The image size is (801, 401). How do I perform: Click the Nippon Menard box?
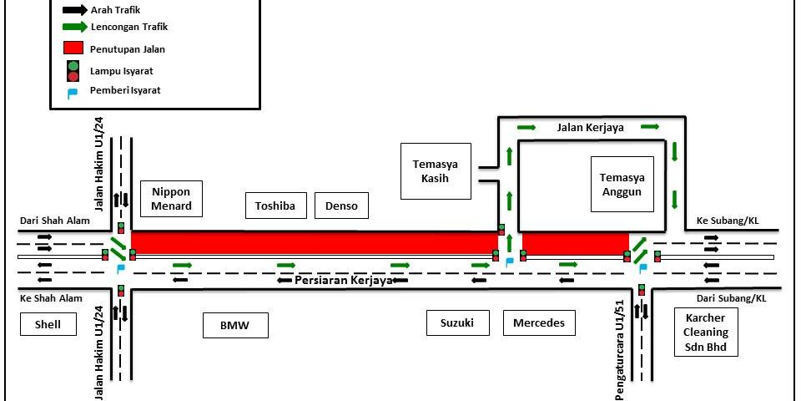[171, 199]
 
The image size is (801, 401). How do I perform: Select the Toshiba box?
[276, 206]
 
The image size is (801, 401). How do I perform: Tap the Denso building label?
[340, 206]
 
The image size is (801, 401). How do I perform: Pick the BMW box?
[236, 325]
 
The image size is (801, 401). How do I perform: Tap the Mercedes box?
[539, 322]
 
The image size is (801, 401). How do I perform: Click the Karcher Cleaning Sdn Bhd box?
[706, 332]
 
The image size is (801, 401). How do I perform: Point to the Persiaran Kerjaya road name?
[343, 281]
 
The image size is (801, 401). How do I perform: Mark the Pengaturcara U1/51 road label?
[620, 347]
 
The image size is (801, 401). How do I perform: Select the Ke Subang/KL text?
[723, 222]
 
